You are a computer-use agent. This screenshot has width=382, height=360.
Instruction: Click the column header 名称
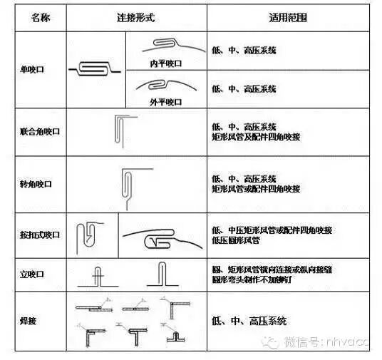pyautogui.click(x=41, y=16)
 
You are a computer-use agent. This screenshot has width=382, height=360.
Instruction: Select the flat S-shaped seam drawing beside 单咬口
pyautogui.click(x=96, y=70)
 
